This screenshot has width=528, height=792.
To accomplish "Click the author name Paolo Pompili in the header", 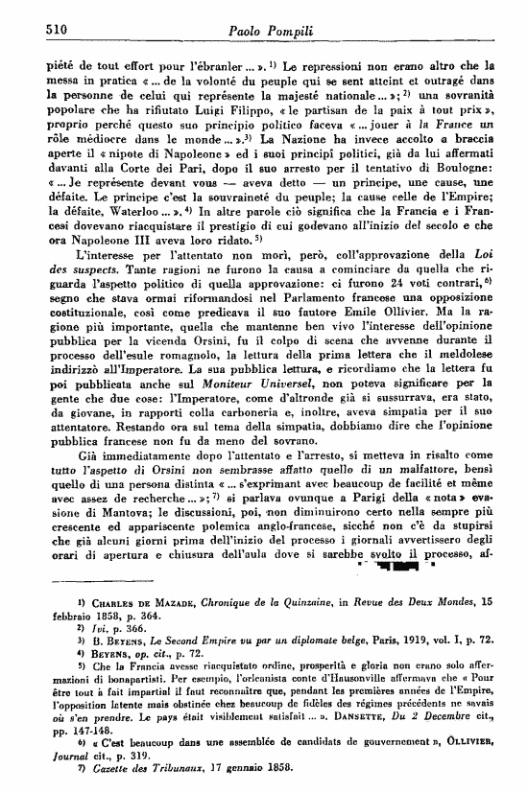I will tap(264, 30).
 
